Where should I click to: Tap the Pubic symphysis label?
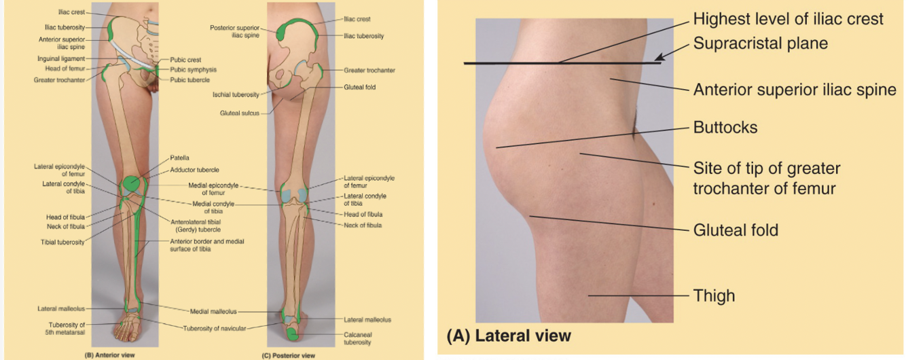[193, 69]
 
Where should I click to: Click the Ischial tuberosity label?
[236, 94]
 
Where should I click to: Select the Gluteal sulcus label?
[240, 113]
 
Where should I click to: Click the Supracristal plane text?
[761, 43]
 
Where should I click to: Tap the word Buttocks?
[725, 127]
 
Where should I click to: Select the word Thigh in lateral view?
[714, 295]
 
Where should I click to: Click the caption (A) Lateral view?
[509, 336]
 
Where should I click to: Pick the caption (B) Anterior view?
[105, 354]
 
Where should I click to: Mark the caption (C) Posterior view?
[289, 354]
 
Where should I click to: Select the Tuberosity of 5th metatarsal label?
[66, 328]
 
